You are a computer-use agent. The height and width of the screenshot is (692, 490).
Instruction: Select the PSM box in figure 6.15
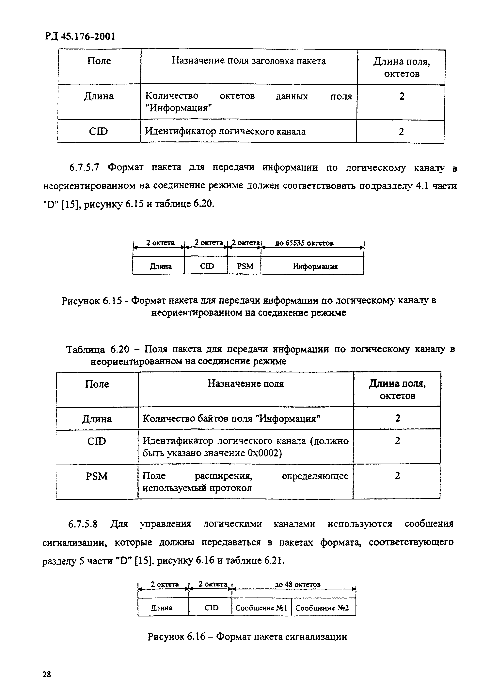click(x=245, y=266)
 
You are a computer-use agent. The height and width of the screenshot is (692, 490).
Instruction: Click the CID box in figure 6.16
click(x=211, y=608)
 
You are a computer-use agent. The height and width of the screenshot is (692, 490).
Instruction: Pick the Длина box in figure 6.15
click(x=161, y=266)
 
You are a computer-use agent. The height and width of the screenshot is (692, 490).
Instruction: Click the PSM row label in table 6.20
click(x=97, y=476)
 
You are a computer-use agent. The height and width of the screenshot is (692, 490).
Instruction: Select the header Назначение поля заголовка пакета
click(x=249, y=61)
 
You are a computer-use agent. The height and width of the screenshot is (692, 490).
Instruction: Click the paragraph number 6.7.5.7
click(x=84, y=167)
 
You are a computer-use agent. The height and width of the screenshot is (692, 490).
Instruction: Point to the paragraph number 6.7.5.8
click(x=83, y=524)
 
